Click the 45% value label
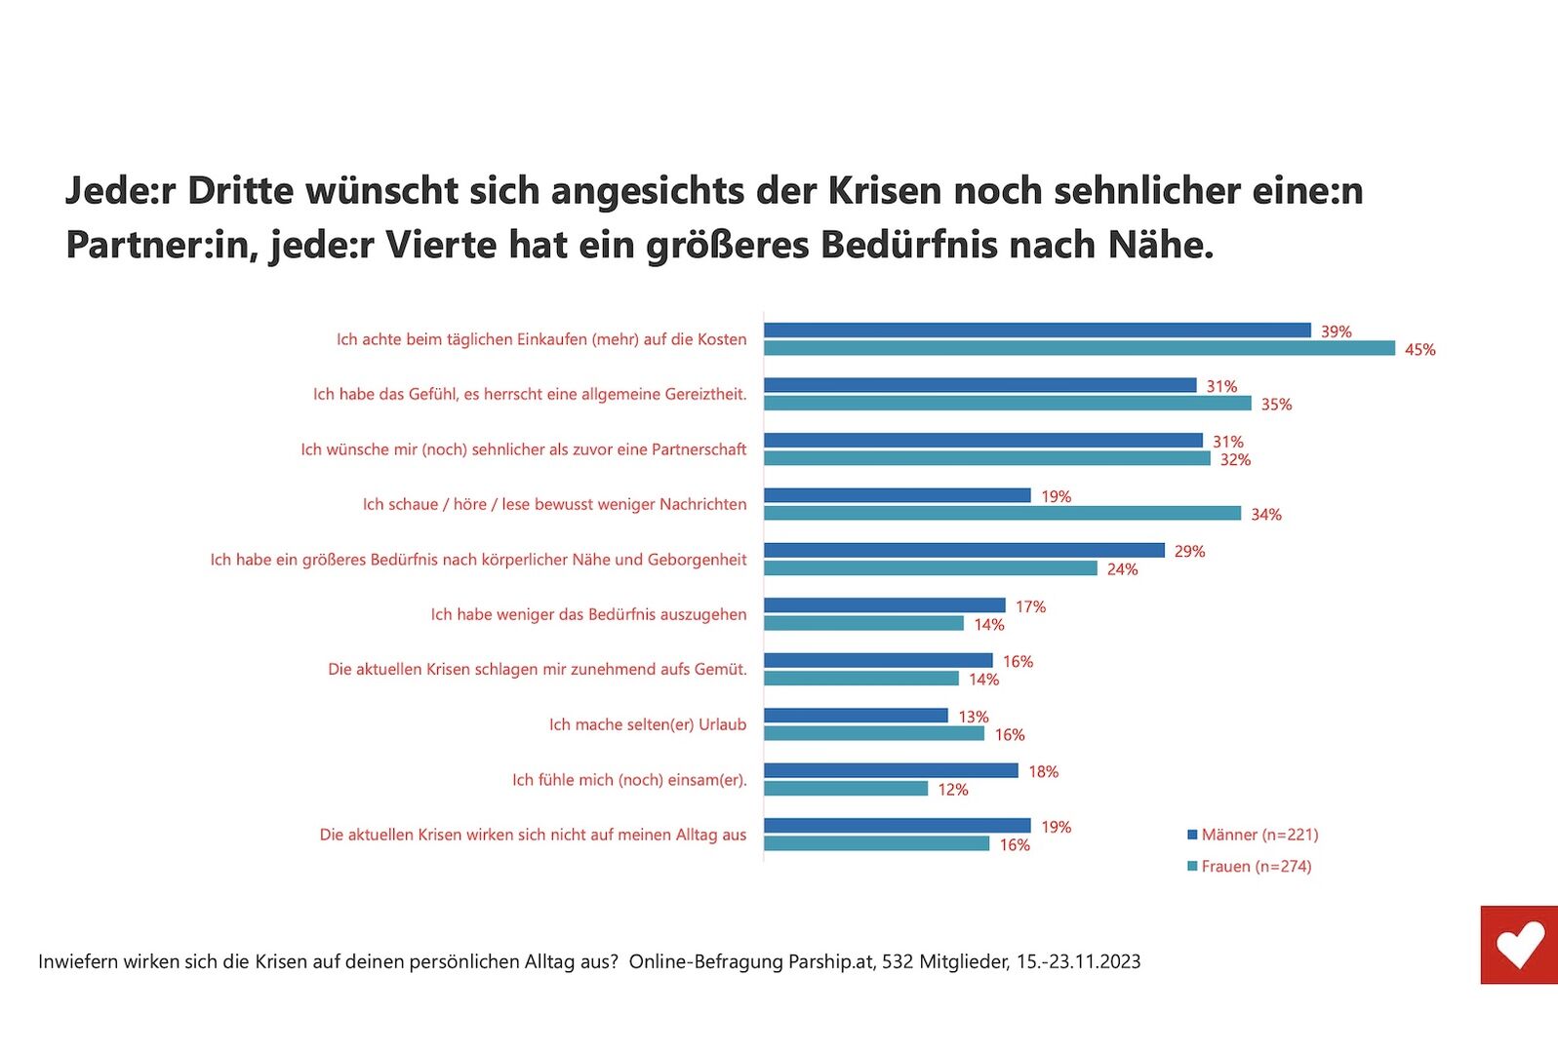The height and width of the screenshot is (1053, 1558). (1419, 349)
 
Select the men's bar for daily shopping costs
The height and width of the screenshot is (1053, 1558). (1036, 331)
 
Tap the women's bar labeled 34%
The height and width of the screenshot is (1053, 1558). (1002, 513)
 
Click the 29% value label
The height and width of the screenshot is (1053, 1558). (1189, 551)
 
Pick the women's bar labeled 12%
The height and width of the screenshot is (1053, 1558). (845, 788)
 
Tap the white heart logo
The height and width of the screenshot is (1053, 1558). (1520, 944)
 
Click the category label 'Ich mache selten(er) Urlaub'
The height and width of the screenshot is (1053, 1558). (647, 724)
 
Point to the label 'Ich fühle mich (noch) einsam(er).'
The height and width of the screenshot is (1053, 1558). (629, 779)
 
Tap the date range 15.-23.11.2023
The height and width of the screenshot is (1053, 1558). (1078, 961)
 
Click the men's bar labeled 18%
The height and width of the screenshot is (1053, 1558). (890, 770)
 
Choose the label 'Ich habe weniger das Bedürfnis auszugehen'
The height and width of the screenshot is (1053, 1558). (588, 614)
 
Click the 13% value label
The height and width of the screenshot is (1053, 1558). (973, 717)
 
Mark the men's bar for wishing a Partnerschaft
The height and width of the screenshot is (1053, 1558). (982, 441)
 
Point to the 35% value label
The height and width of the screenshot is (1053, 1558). (1276, 404)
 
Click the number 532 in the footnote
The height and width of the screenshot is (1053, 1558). (898, 961)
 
